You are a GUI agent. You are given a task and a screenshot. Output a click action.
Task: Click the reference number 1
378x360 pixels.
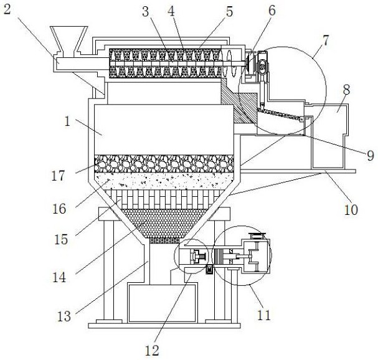click(x=67, y=121)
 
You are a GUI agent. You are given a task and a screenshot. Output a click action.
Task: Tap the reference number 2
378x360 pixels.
click(x=7, y=9)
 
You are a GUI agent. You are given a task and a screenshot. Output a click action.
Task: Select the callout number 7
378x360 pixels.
click(x=326, y=40)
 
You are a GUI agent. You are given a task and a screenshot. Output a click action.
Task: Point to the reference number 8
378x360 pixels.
click(x=346, y=90)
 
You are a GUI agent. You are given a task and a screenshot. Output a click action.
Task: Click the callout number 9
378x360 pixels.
click(x=371, y=155)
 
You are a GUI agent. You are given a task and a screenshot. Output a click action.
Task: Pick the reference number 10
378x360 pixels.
click(x=351, y=209)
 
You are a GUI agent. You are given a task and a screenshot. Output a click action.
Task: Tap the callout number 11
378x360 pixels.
click(x=264, y=315)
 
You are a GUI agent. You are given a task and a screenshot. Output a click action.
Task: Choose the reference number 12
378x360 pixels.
click(x=152, y=351)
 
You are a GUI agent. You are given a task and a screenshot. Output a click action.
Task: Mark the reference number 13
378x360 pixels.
click(x=64, y=316)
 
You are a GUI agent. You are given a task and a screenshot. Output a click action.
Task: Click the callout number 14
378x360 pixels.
click(x=59, y=277)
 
